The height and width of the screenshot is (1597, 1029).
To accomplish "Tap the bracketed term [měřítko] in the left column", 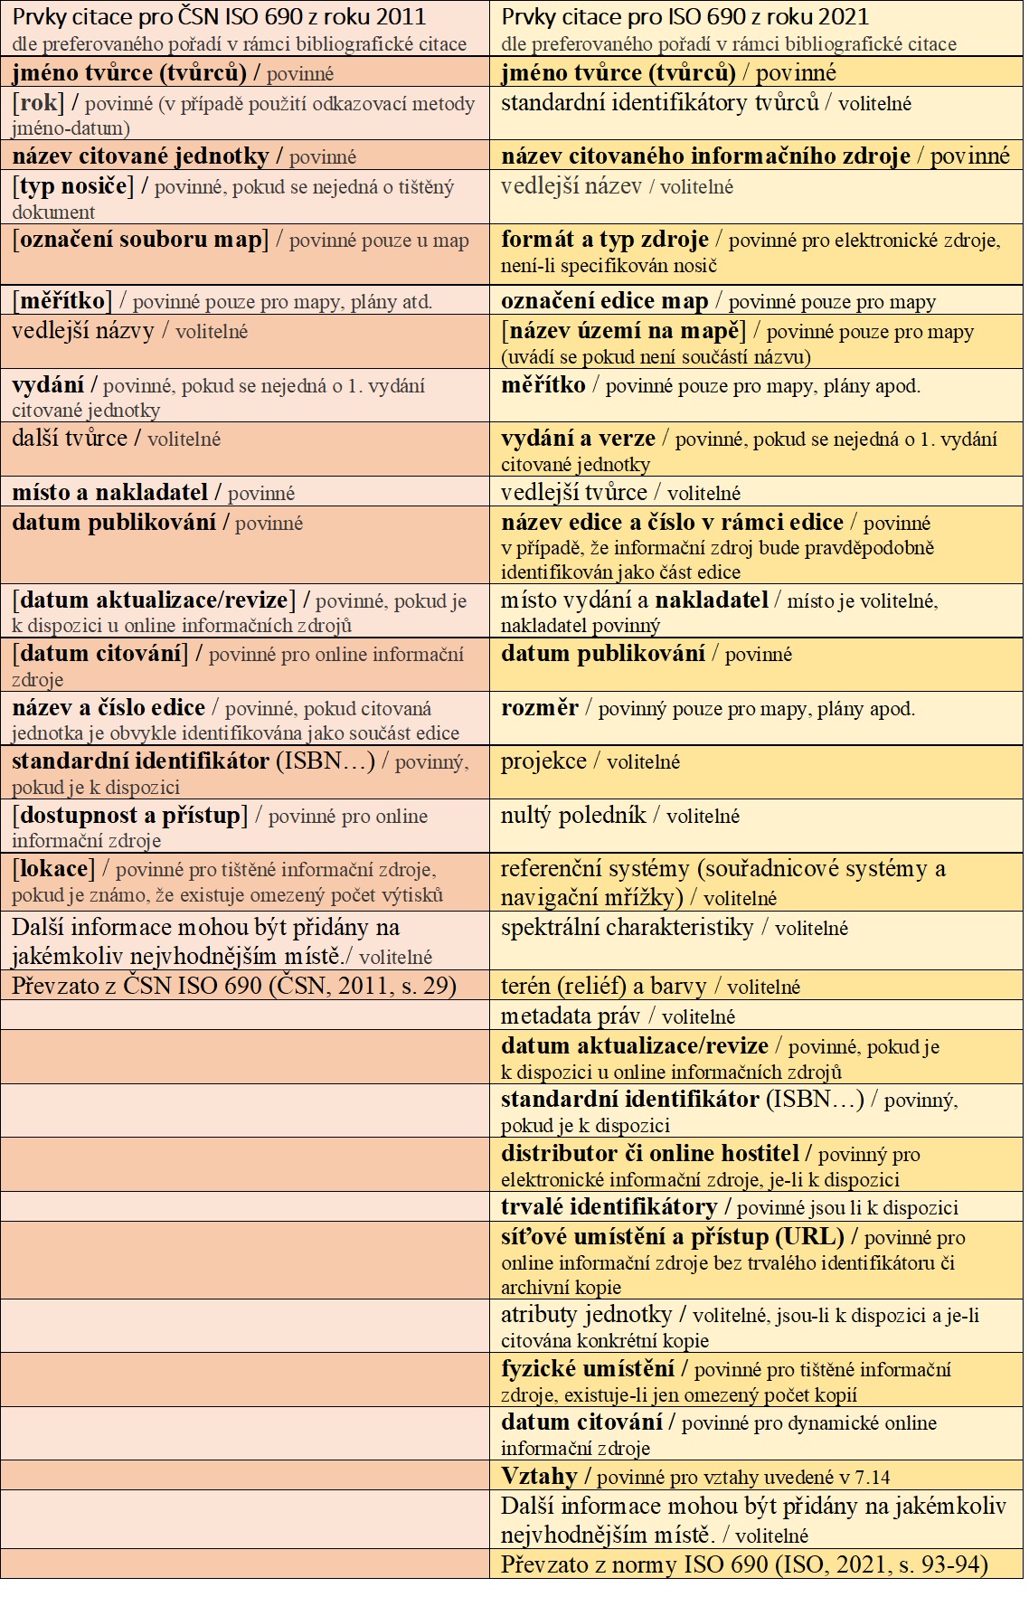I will point(62,300).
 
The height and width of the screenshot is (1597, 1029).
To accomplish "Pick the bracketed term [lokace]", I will point(53,869).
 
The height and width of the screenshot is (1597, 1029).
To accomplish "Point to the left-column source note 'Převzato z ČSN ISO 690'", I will point(233,986).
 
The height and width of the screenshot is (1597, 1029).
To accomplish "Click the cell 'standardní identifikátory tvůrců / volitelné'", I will point(705,103).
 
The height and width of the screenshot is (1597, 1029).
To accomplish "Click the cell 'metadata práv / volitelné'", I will point(618,1016).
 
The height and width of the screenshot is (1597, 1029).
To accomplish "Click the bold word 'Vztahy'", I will point(539,1477).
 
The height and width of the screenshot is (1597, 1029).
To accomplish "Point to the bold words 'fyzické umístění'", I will point(588,1369).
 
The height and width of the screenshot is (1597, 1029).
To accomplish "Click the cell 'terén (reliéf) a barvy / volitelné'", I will point(651,987).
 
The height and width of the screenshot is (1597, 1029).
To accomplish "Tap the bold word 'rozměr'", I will point(540,708).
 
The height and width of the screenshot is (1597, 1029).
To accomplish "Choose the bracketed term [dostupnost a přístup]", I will point(130,816).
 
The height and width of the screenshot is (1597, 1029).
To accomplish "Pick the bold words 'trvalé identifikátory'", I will point(609,1207).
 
